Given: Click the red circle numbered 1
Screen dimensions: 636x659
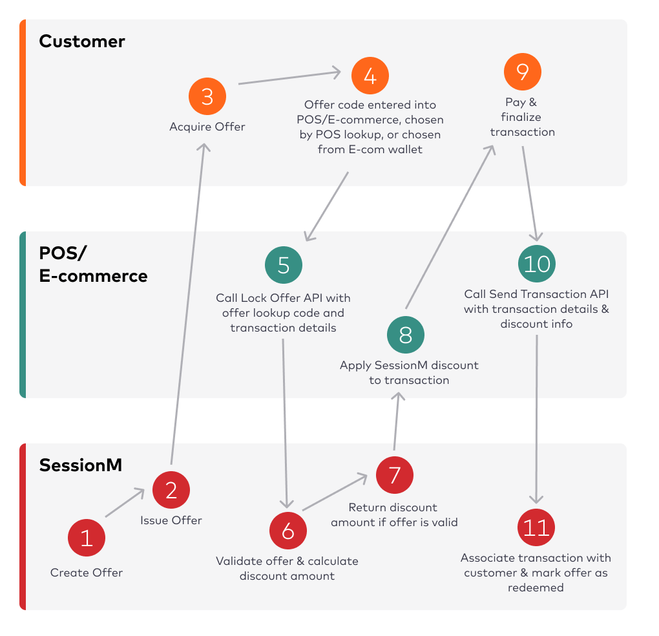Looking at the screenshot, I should tap(87, 538).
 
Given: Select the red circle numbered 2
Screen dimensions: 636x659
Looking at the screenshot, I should tap(171, 490).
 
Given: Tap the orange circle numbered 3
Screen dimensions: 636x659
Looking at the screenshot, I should tap(207, 97).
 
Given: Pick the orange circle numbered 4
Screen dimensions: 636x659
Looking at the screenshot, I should tap(370, 76).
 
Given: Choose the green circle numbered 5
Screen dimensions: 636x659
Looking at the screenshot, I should tap(284, 266).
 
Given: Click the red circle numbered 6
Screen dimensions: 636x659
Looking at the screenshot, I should tap(288, 531).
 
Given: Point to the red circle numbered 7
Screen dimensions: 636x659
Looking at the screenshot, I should tap(395, 475).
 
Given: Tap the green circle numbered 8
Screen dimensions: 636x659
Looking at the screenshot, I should tap(406, 335).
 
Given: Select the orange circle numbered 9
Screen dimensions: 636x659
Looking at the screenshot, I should tap(522, 71).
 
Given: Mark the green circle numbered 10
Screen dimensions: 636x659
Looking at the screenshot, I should tap(537, 264).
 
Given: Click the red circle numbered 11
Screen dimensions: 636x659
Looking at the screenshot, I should tap(536, 528).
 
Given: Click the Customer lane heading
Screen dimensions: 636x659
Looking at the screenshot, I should tap(82, 41).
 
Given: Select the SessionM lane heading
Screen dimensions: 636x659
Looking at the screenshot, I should tap(81, 465).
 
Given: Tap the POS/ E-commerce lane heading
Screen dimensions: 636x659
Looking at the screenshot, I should tap(93, 265).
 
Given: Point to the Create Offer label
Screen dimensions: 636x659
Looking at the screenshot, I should tap(87, 573).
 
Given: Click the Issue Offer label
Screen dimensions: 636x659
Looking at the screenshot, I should tap(171, 520).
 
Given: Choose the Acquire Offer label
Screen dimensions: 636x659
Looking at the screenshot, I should tap(207, 127).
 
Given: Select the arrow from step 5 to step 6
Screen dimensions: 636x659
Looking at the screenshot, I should tap(285, 420).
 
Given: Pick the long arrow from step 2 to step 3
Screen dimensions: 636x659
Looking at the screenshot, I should tap(188, 304).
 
